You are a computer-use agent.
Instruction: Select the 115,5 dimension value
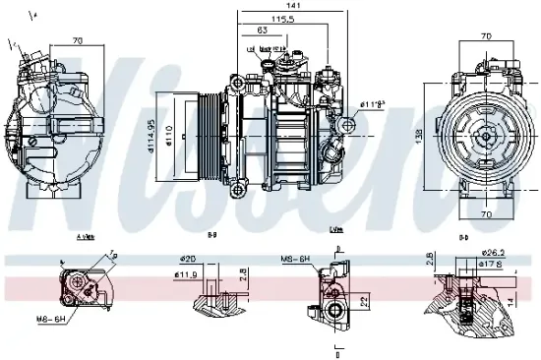[x=284, y=20]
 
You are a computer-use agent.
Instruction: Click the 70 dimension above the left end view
[x=77, y=42]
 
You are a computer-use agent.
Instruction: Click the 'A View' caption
[x=85, y=237]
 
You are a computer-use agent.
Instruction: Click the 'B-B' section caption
[x=211, y=237]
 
